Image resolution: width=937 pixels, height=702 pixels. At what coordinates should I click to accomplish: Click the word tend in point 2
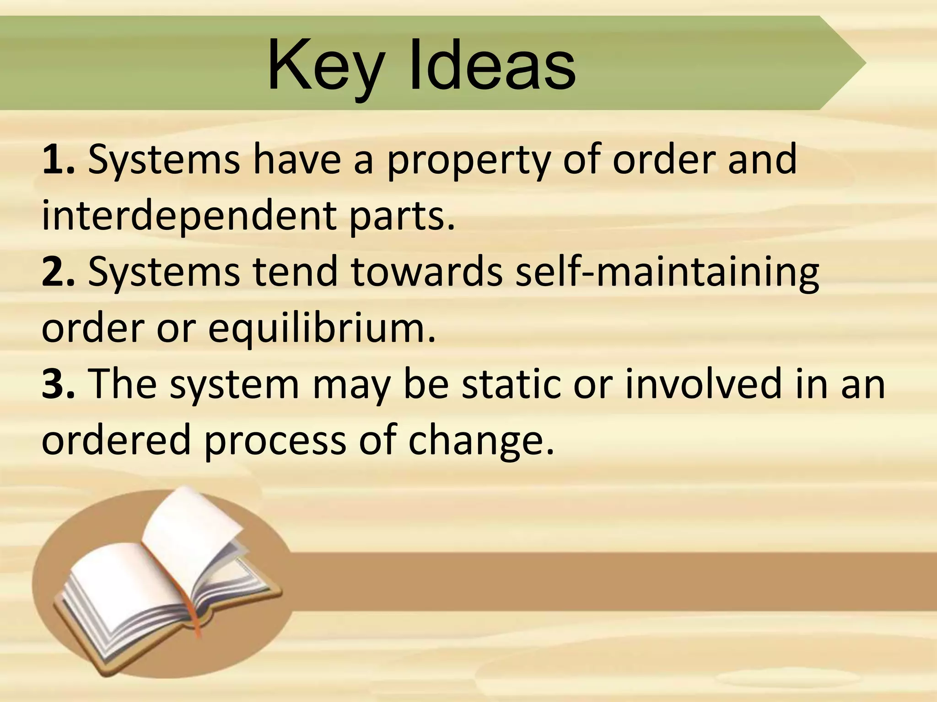point(296,271)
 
